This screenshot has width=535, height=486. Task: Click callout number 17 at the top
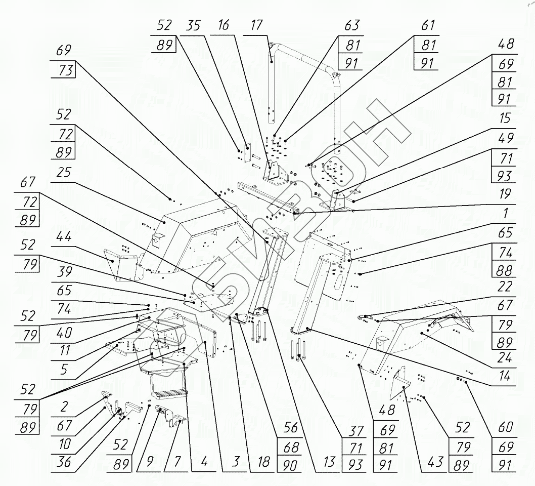257,26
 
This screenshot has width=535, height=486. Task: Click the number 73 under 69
63,69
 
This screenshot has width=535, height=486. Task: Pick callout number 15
504,119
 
